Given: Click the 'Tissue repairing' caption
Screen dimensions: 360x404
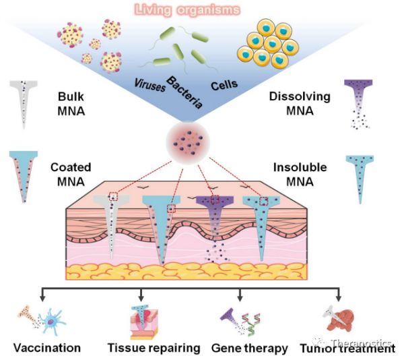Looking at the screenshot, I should [x=154, y=349].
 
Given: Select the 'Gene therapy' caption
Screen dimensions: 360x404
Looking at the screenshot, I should [x=249, y=349].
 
